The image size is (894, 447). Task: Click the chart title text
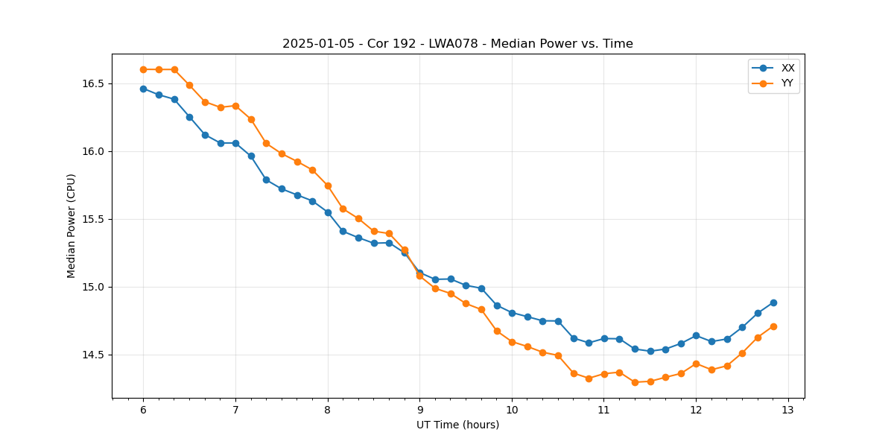pos(457,44)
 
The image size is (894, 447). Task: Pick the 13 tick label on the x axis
pos(788,410)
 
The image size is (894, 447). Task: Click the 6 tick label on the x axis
pos(143,410)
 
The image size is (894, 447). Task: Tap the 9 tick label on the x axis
pos(419,410)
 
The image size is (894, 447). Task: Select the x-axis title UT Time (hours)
pos(457,425)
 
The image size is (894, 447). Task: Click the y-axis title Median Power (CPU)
pos(72,226)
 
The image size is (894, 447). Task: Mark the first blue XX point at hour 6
pos(143,89)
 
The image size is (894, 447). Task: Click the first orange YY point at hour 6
pos(143,69)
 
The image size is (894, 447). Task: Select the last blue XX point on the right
pos(773,302)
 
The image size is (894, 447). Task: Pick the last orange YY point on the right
pos(773,326)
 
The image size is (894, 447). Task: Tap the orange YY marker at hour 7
pos(235,106)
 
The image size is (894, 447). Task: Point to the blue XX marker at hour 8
pos(328,212)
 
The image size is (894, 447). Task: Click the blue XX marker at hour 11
pos(604,339)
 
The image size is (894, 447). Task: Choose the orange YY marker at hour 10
pos(512,342)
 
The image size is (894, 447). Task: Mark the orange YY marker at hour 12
pos(696,364)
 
